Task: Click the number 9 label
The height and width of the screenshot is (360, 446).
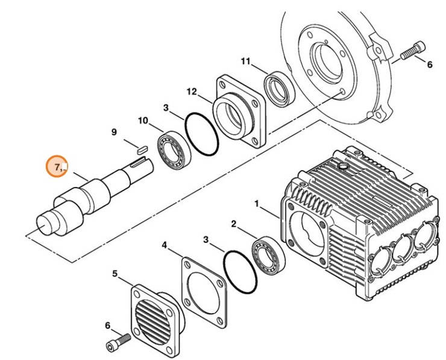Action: coord(113,132)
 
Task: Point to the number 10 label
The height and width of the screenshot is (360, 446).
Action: coord(143,121)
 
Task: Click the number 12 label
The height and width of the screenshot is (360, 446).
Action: coord(191,92)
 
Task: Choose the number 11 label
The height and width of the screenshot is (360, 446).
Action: coord(245,61)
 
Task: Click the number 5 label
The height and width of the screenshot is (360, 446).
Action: coord(115,274)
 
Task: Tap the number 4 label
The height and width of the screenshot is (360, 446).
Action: coord(164,245)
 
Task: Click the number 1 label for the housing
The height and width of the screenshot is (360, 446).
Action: coord(257,205)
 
